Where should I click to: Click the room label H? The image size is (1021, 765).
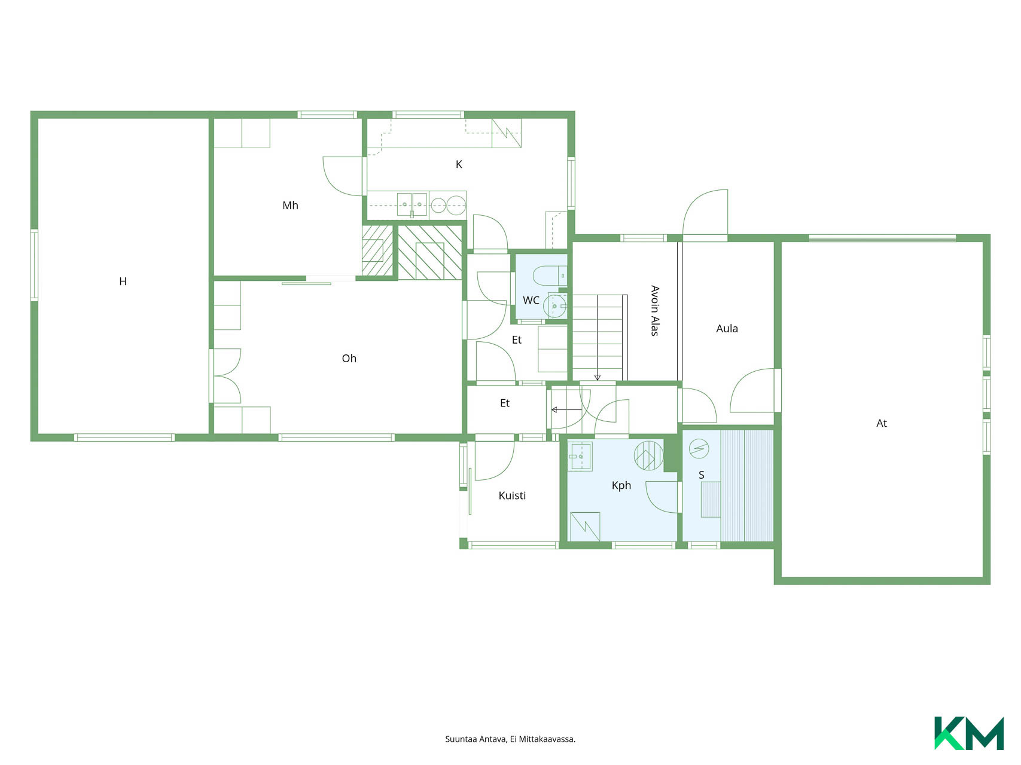tap(123, 281)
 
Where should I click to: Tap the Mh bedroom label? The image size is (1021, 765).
tap(290, 206)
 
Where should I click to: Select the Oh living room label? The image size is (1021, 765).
tap(349, 359)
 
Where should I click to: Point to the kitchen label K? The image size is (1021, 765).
tap(459, 164)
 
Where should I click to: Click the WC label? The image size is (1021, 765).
tap(531, 300)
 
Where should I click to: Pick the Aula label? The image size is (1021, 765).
tap(727, 329)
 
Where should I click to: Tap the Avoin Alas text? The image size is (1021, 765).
tap(655, 311)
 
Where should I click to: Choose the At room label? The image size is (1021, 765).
tap(882, 423)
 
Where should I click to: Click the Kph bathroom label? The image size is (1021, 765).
tap(621, 485)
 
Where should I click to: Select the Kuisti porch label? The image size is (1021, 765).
tap(512, 495)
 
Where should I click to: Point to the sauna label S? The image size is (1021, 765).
tap(702, 475)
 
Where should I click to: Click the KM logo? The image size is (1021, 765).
tap(969, 733)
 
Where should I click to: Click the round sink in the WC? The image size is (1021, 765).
tap(556, 306)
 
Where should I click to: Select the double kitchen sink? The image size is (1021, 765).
tap(412, 204)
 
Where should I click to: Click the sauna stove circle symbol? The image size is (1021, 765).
tap(699, 448)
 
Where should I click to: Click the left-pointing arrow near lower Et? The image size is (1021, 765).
tap(566, 410)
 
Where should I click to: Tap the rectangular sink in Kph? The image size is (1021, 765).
tap(579, 457)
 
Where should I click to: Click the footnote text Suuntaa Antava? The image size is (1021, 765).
tap(476, 739)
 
